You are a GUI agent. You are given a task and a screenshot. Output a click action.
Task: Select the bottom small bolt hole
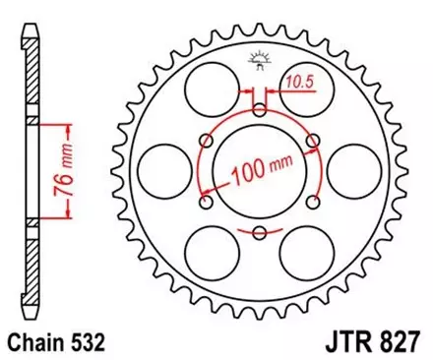coord(259,232)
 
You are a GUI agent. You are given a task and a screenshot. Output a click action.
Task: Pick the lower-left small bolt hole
coord(207,202)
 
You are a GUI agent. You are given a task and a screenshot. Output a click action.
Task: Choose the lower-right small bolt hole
coord(312,202)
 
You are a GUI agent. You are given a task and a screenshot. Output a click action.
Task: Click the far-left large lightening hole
coord(163,171)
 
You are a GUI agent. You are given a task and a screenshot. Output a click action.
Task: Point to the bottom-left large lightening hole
coord(211,254)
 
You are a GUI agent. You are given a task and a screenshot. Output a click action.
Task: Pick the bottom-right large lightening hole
coord(307,254)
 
